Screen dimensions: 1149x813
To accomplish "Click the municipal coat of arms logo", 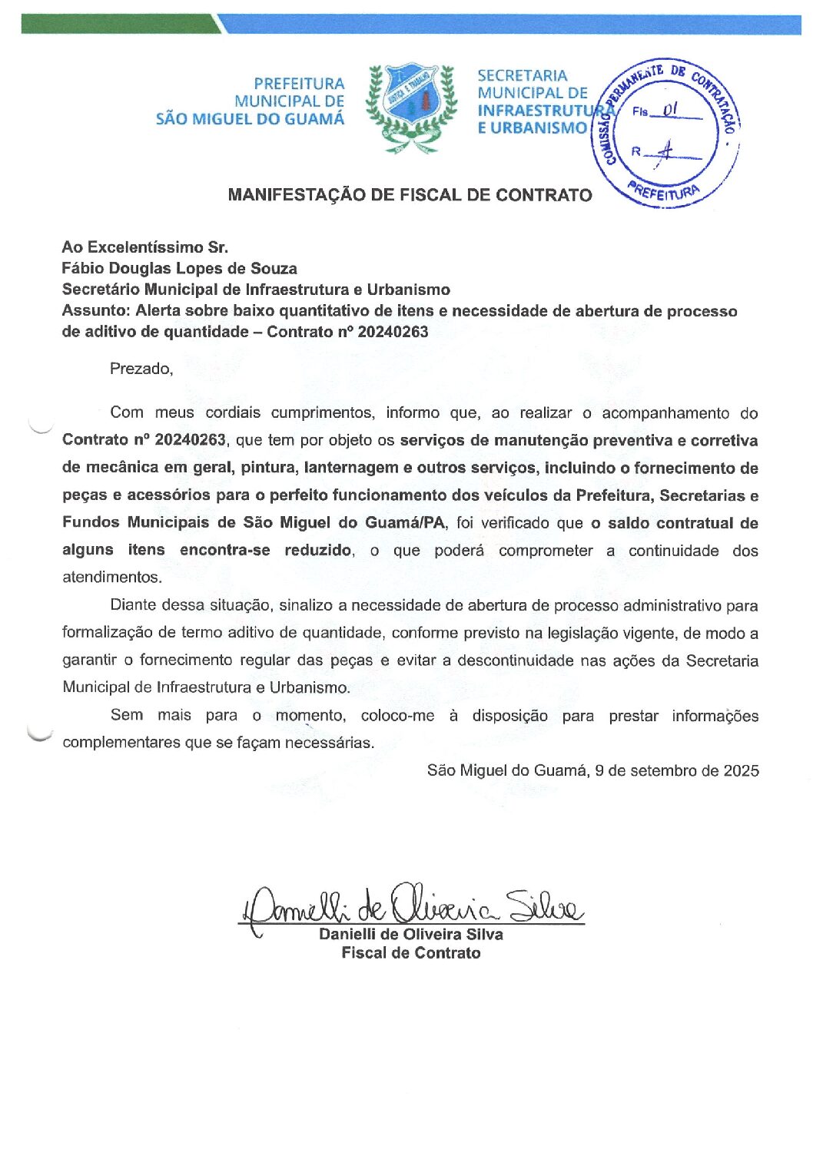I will [x=411, y=107].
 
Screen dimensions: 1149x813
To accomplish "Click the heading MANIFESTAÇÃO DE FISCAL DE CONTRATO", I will [x=410, y=195].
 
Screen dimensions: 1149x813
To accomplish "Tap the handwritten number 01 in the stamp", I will [x=670, y=110].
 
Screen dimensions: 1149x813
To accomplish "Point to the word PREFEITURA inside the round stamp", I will [x=663, y=192].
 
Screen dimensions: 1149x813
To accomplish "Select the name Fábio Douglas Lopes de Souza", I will [x=179, y=269].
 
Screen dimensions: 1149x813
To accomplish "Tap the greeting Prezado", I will [x=141, y=369].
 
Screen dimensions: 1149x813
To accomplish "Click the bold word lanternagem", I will [x=351, y=468].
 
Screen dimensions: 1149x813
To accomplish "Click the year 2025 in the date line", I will [x=741, y=770].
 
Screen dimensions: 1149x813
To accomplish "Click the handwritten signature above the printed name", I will [x=411, y=906].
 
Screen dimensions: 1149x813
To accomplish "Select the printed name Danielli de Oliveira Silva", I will [x=411, y=935].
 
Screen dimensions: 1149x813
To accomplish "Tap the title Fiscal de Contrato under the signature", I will [x=411, y=953].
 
